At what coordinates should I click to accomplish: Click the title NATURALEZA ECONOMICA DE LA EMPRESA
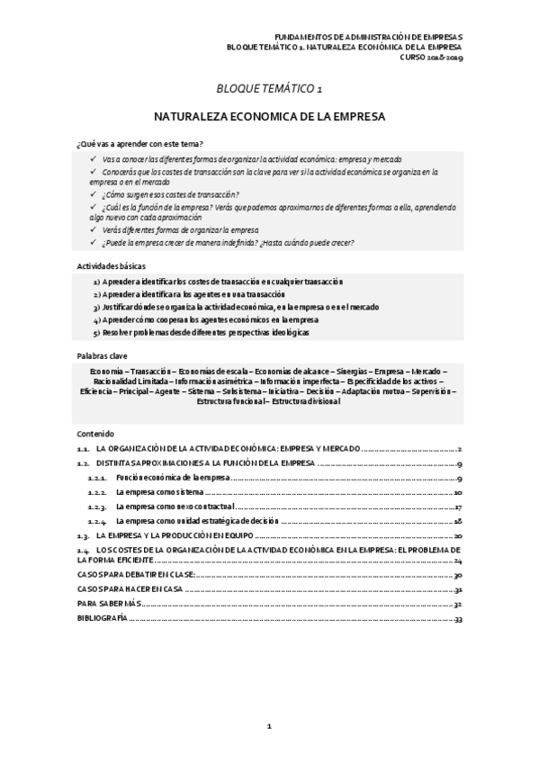[269, 117]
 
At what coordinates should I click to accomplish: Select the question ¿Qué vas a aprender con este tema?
[139, 144]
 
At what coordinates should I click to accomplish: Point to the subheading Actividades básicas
[112, 266]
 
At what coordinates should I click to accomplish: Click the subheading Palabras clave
[102, 355]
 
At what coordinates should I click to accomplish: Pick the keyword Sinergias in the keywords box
[351, 371]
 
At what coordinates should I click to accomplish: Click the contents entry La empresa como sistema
[162, 493]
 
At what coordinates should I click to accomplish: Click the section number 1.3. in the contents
[83, 534]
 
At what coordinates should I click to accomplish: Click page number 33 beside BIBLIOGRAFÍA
[458, 619]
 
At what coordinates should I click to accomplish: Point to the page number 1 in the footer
[269, 725]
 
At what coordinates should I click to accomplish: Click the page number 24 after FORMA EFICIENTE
[458, 559]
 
